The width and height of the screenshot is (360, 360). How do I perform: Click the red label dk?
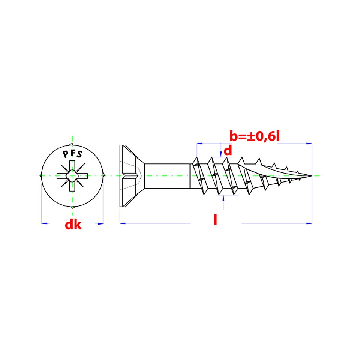73,225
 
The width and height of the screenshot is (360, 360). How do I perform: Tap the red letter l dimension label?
215,219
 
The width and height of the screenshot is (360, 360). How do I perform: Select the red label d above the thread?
228,151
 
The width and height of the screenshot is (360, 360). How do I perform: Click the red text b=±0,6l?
255,136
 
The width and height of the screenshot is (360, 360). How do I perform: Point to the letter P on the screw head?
66,155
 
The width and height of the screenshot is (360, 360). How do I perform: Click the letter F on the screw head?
72,153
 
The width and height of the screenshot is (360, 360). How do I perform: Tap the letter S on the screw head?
79,154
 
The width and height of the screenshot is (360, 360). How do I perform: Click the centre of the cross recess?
72,176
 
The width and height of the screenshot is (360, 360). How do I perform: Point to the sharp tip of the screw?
312,176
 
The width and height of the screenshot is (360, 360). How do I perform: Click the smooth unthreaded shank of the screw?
167,176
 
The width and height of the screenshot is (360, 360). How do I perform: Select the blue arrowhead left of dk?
44,223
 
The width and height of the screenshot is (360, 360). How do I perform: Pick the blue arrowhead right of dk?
100,223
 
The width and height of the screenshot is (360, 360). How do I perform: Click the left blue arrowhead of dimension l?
123,223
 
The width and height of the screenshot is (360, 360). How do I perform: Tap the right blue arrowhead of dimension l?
309,223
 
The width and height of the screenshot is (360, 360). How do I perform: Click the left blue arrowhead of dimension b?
200,144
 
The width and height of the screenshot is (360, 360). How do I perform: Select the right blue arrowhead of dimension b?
309,144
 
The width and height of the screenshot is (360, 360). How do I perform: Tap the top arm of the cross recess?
72,166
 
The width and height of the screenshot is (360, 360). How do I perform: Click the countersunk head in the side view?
132,176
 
